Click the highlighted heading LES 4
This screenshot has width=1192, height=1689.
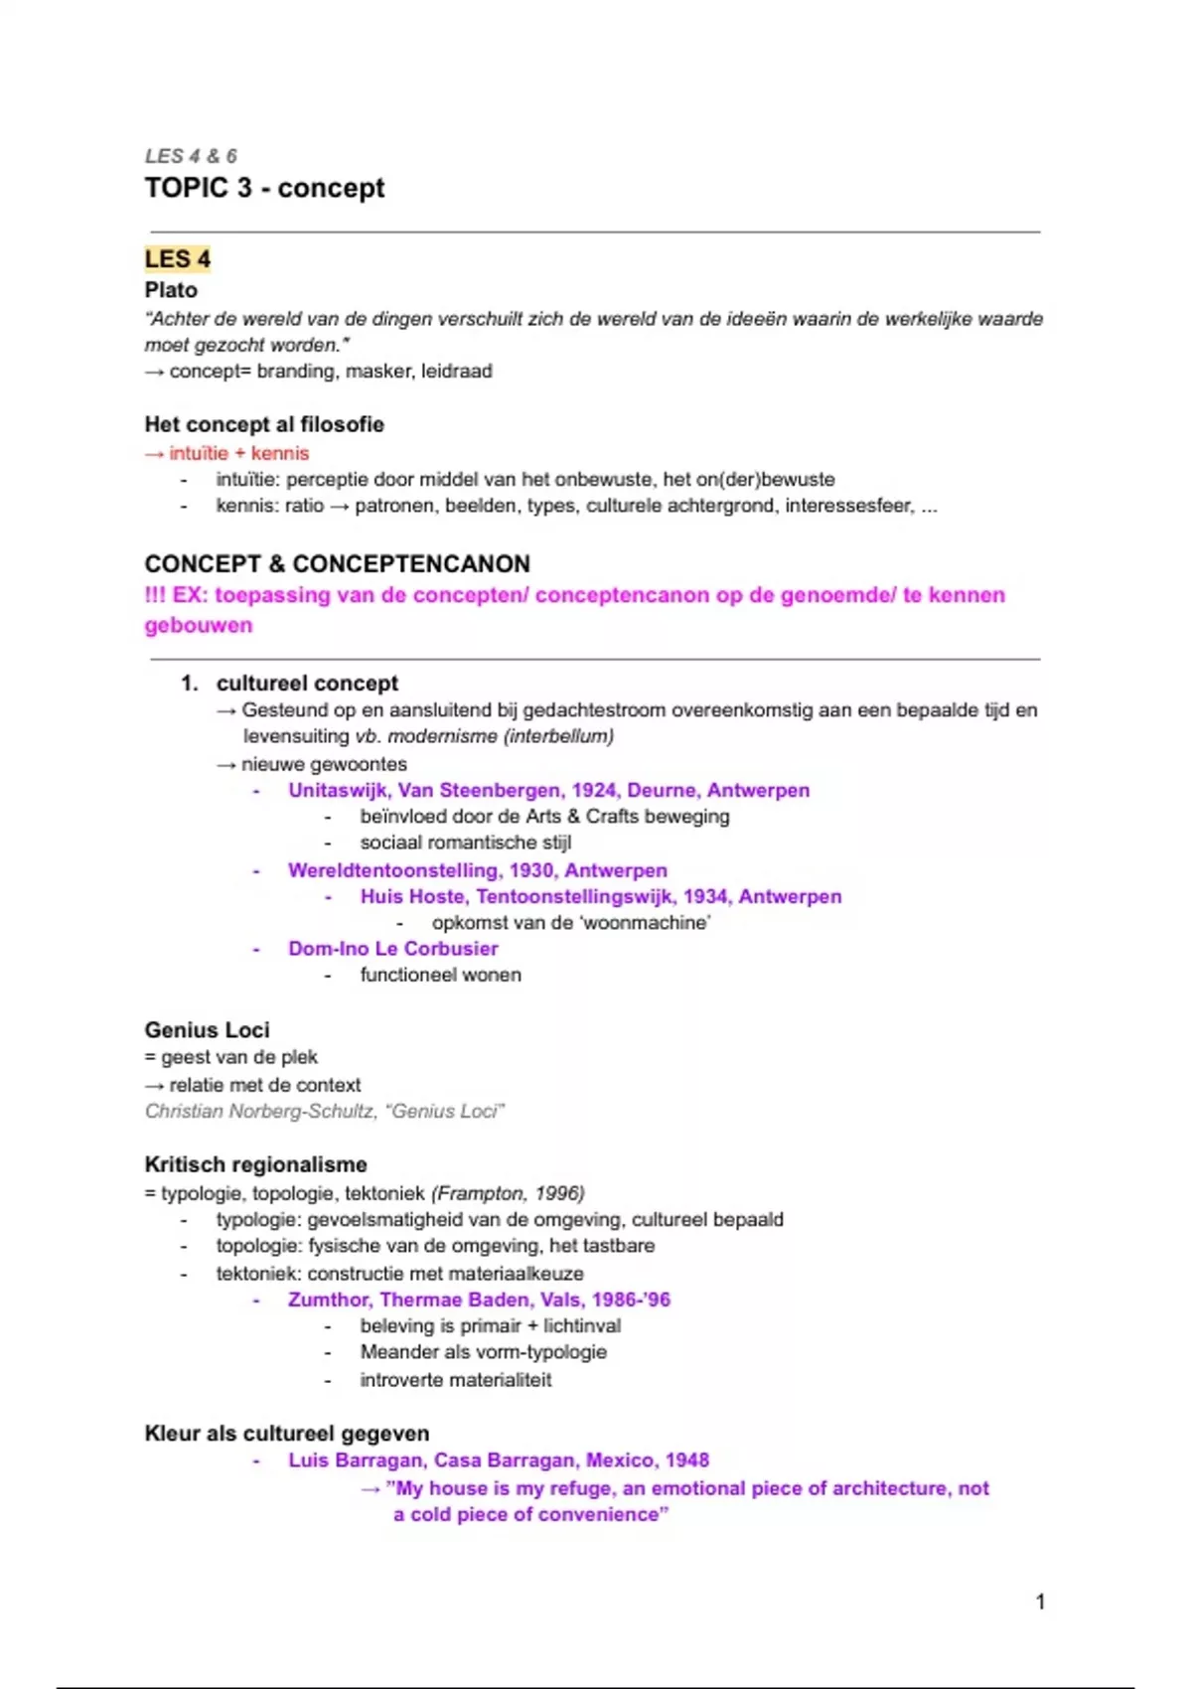(x=178, y=259)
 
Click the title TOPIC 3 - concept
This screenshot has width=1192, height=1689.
(x=264, y=188)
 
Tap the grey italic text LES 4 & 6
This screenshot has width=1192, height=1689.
(x=191, y=156)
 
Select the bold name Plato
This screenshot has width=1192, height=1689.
(x=171, y=290)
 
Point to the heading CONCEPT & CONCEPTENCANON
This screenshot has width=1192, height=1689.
(x=337, y=563)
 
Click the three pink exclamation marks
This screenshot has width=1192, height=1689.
(x=155, y=595)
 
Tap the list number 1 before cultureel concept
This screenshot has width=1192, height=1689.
(x=189, y=684)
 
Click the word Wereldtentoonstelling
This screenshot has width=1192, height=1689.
(x=393, y=870)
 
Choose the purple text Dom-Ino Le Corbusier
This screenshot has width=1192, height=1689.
(x=393, y=949)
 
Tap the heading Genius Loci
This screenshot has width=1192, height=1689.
(x=207, y=1030)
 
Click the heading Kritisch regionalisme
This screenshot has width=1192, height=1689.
(x=255, y=1164)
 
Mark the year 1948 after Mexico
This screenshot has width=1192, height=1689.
(x=686, y=1460)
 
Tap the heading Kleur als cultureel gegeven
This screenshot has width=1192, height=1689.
(x=287, y=1434)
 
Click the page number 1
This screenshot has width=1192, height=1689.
(x=1040, y=1602)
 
